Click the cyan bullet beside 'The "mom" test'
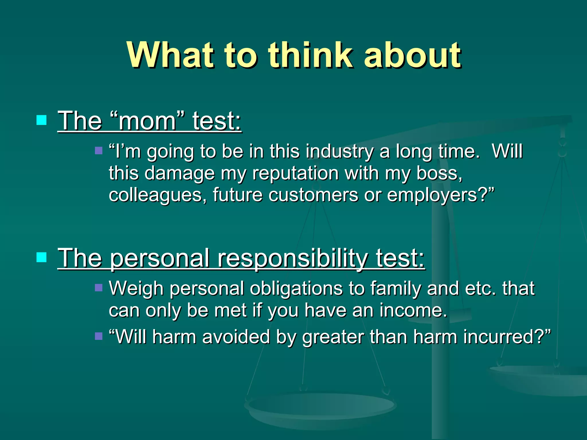coord(42,120)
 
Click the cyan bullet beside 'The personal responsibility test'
coord(42,257)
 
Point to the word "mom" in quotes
coord(147,121)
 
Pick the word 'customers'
coord(313,195)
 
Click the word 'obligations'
coord(296,288)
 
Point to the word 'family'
coord(396,288)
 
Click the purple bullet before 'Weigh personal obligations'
coord(99,288)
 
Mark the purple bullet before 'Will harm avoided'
coord(99,336)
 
